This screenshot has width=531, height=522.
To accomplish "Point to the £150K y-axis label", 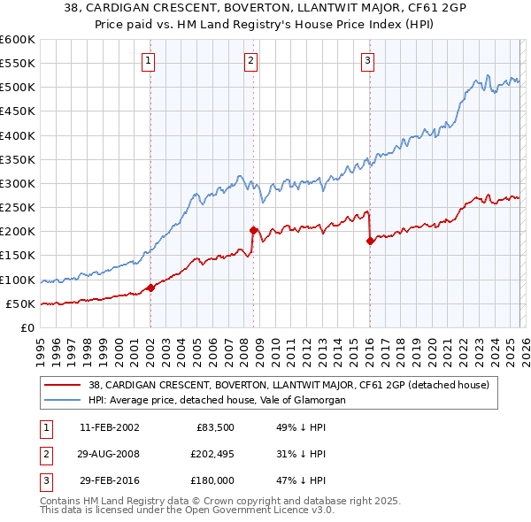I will [17, 255].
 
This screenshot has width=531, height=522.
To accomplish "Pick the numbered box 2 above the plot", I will [251, 60].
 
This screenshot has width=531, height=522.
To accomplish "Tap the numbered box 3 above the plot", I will [367, 60].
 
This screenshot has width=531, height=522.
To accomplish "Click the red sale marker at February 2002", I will [151, 287].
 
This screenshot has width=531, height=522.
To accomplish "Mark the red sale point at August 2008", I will [253, 230].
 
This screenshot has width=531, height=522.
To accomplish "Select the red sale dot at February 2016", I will [370, 241].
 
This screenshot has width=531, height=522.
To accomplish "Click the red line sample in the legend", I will [63, 385].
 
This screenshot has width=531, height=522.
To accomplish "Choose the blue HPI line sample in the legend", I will [63, 400].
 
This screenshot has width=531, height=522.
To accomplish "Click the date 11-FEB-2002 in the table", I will [109, 428].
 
